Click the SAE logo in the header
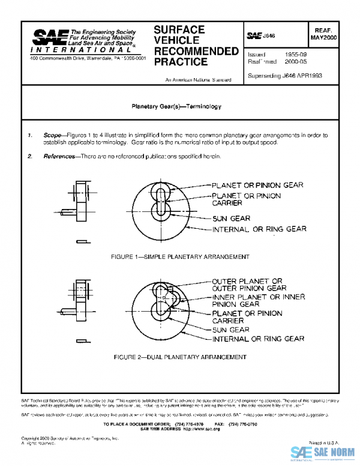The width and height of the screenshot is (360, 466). (49, 37)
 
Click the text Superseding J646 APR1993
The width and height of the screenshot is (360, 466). (284, 77)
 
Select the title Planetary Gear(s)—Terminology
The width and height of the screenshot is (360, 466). (176, 106)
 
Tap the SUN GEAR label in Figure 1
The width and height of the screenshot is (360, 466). (232, 218)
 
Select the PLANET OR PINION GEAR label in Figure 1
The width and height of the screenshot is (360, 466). (257, 185)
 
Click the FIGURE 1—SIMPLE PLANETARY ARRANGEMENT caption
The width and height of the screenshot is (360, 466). (180, 256)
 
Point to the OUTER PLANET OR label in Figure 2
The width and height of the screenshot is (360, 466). (247, 280)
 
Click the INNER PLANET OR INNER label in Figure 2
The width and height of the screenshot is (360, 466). (258, 297)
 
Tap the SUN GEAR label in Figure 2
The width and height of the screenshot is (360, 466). (230, 330)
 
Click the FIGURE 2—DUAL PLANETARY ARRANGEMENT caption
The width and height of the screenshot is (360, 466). (180, 357)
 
